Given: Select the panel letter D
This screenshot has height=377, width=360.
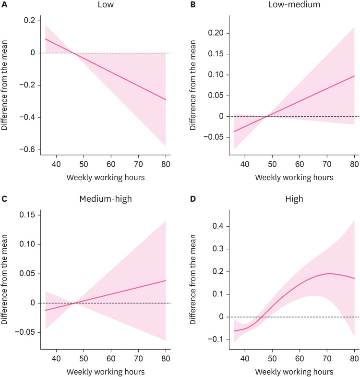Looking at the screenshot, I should [x=194, y=197].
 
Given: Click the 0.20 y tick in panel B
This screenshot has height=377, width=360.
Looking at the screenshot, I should [x=219, y=33].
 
